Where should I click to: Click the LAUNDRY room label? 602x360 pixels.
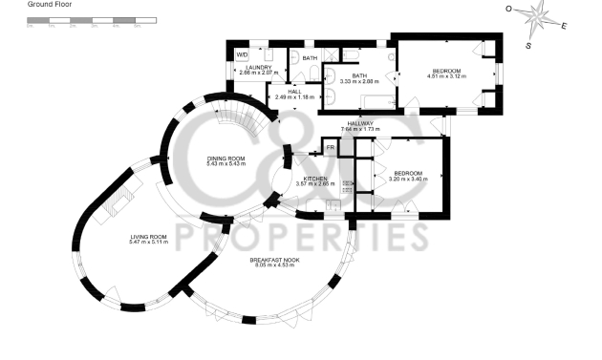259,68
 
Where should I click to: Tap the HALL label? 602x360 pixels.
294,92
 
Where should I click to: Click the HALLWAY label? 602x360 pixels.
360,123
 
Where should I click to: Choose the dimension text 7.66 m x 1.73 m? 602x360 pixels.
360,129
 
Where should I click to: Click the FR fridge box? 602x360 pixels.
331,148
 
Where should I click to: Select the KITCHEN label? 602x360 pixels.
315,179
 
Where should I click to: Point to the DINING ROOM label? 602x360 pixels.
226,159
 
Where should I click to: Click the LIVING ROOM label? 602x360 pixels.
148,237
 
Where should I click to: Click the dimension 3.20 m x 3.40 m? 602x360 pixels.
407,179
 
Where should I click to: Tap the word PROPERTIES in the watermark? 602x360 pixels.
300,233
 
